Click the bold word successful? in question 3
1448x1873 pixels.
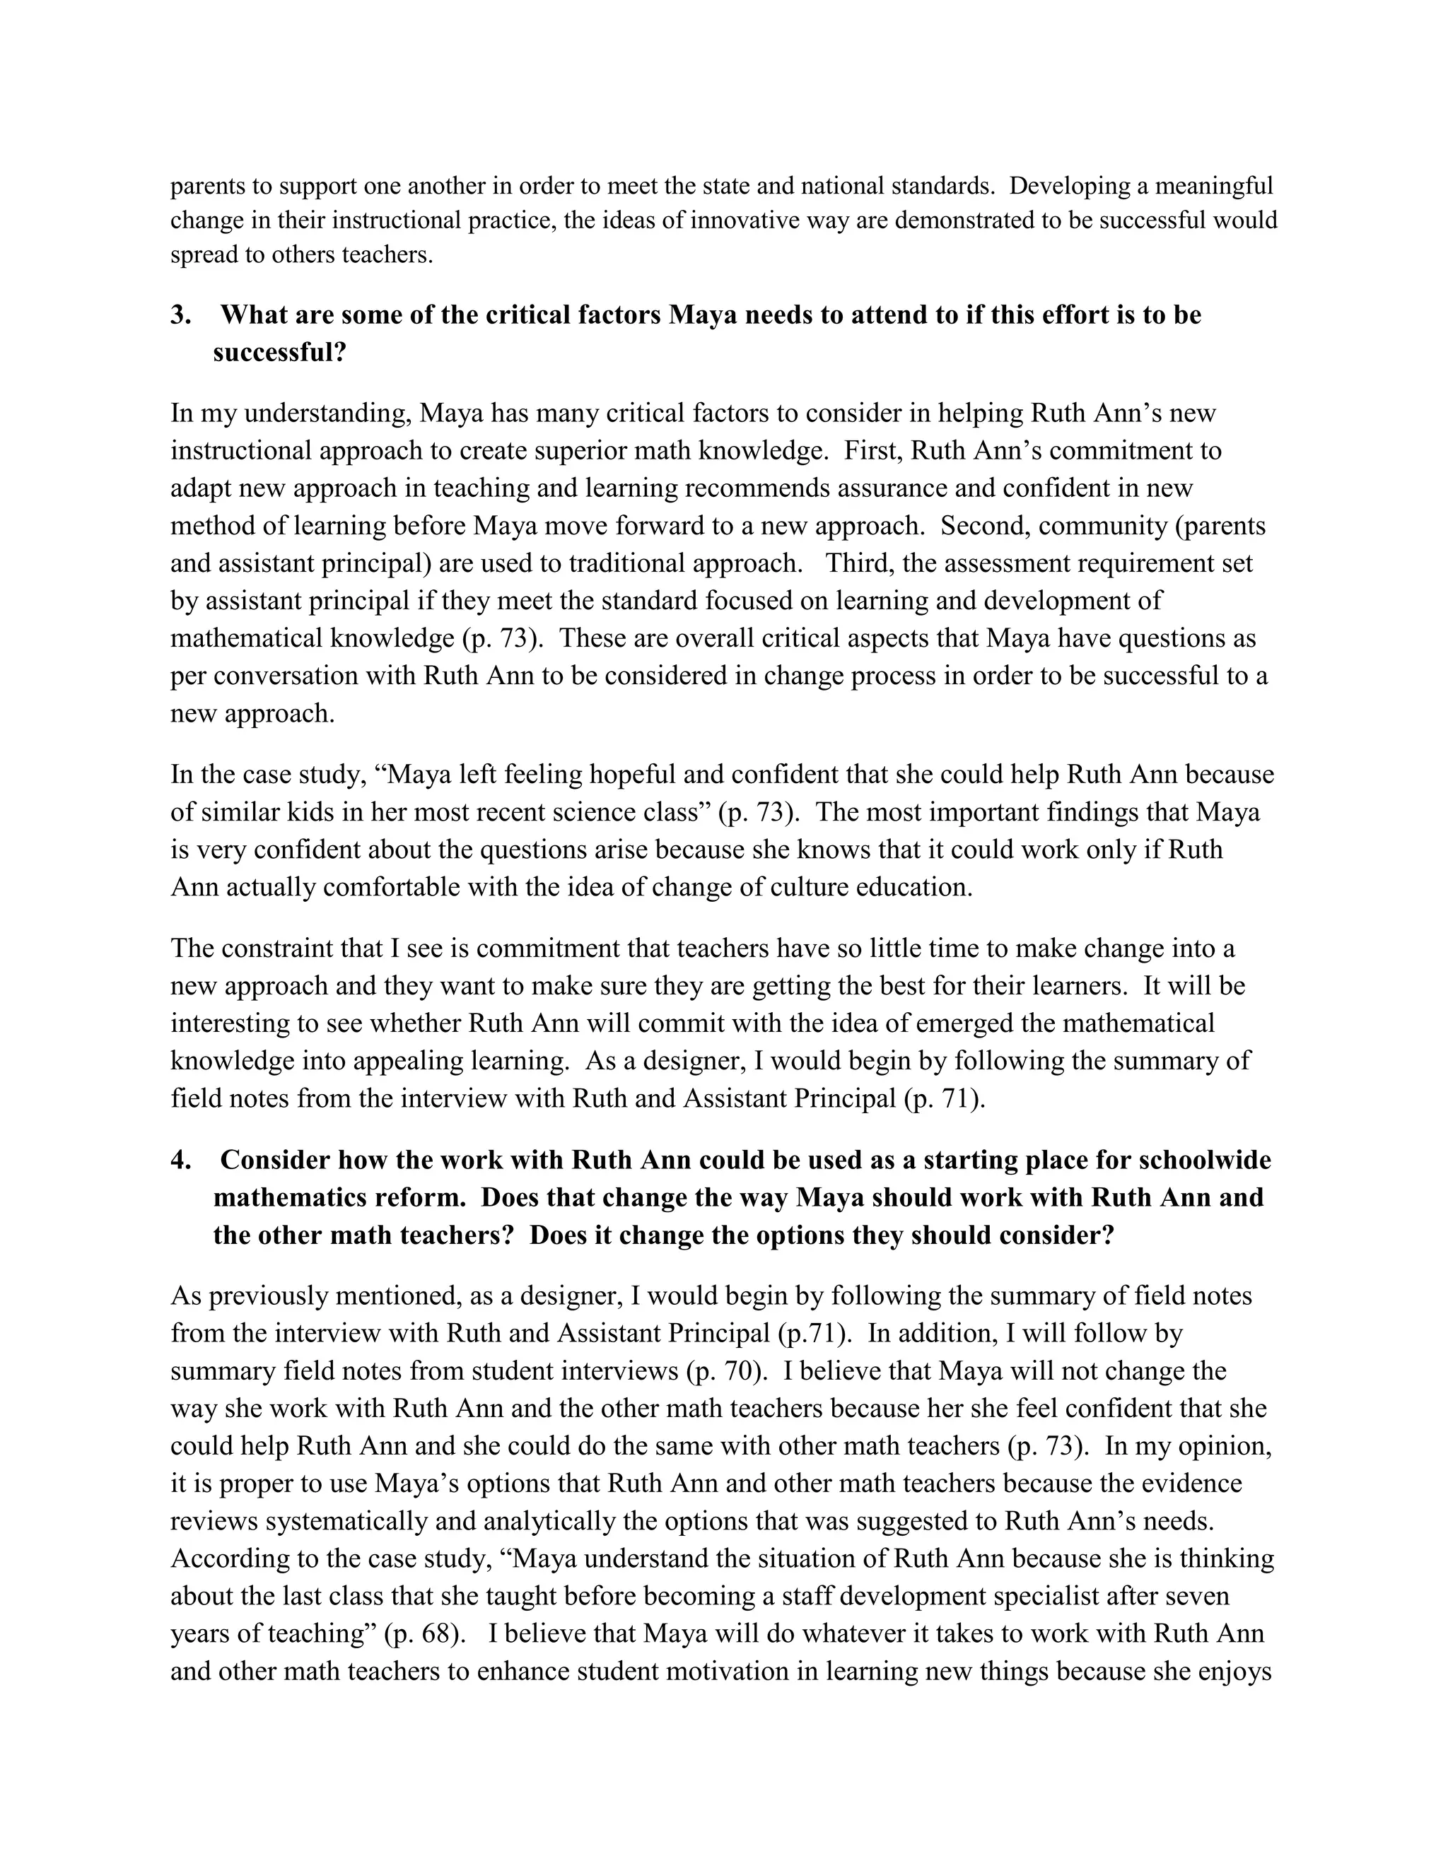pyautogui.click(x=280, y=353)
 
